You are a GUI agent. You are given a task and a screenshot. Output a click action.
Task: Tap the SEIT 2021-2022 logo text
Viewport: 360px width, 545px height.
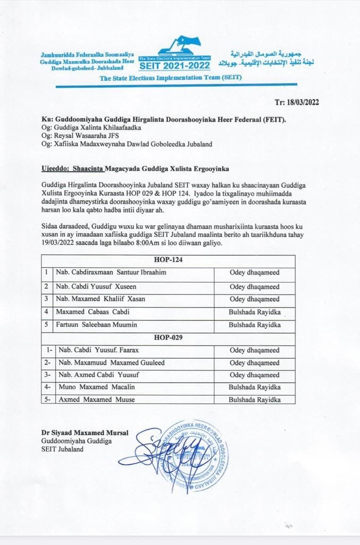(x=174, y=66)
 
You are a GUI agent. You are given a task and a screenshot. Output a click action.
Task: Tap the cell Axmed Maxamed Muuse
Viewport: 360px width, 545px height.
(x=96, y=399)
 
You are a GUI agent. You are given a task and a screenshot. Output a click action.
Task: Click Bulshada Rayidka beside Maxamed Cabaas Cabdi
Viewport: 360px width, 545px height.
(x=255, y=312)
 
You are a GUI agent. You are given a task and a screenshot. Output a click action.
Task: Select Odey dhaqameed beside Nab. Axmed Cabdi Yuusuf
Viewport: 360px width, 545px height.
(x=254, y=375)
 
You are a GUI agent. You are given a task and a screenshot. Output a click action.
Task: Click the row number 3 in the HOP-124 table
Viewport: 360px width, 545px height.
(x=47, y=299)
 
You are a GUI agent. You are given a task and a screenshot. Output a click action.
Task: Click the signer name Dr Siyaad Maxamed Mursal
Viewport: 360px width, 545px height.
(x=85, y=432)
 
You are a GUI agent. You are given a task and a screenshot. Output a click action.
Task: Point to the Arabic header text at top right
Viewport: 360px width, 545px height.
(x=271, y=59)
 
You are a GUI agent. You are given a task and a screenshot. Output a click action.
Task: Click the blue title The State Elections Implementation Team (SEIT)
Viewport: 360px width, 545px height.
(x=170, y=78)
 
